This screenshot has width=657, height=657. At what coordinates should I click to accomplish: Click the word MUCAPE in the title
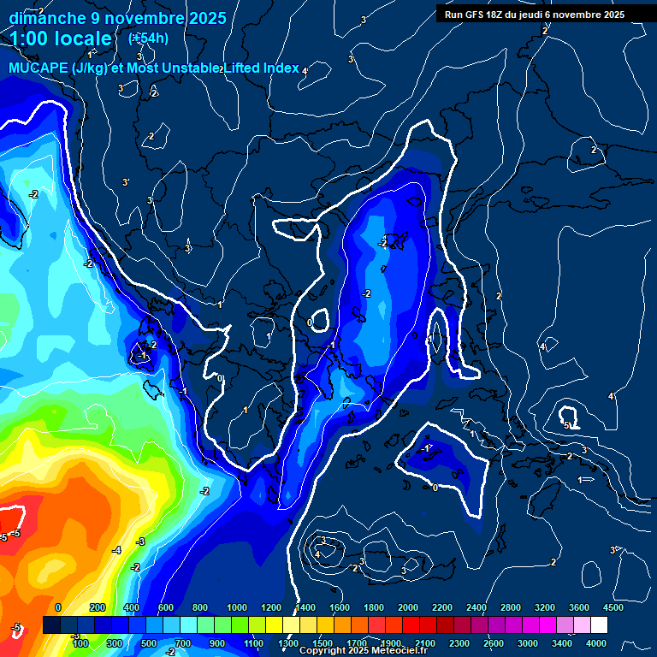[35, 68]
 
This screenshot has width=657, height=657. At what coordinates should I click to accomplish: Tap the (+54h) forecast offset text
[148, 38]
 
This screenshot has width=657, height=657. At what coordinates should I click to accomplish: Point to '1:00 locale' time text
[62, 38]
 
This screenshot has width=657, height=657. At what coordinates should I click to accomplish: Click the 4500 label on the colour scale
[613, 607]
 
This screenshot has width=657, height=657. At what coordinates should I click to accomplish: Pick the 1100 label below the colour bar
[253, 643]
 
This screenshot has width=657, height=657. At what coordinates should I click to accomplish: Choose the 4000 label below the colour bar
[596, 643]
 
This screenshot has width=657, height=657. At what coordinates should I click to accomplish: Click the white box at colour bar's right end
[599, 625]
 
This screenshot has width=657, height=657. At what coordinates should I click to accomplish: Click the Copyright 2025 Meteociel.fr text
[362, 651]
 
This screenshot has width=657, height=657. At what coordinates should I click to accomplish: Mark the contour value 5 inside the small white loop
[566, 425]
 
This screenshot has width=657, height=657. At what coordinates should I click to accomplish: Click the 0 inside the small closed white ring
[310, 323]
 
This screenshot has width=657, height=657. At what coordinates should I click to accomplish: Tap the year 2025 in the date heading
[207, 17]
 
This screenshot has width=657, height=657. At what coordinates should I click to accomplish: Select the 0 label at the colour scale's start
[59, 607]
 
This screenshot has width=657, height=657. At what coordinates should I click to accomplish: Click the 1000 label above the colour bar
[237, 607]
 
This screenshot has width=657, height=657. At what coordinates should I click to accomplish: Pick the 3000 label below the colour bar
[528, 643]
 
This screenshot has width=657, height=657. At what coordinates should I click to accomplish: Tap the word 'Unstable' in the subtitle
[192, 68]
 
